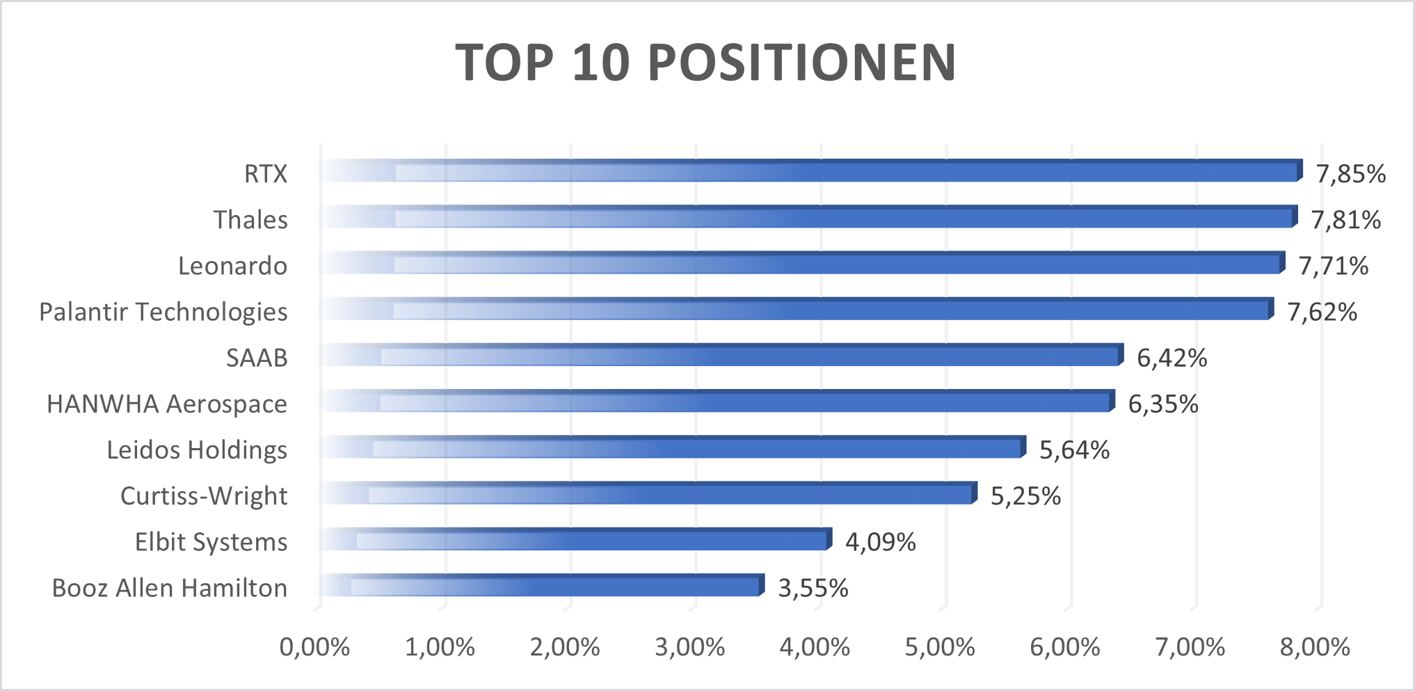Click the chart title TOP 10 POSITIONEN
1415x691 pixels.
tap(706, 63)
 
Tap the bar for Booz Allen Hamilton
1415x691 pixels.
tap(543, 587)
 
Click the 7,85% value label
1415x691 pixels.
tap(1350, 174)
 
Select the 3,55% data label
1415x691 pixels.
tap(813, 589)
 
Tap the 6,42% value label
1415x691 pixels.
tap(1172, 358)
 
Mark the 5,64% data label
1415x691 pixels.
tap(1074, 451)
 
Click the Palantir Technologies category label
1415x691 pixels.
tap(163, 312)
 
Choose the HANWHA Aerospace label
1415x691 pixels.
tap(167, 404)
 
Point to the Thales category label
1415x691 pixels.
tap(250, 220)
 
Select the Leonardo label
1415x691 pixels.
tap(232, 267)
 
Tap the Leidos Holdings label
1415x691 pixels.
tap(197, 450)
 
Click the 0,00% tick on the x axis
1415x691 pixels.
tap(314, 648)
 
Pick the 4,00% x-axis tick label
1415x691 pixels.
tap(815, 648)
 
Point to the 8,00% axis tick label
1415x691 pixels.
tap(1315, 648)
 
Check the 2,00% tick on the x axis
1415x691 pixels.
tap(565, 648)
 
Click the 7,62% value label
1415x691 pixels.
tap(1322, 312)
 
